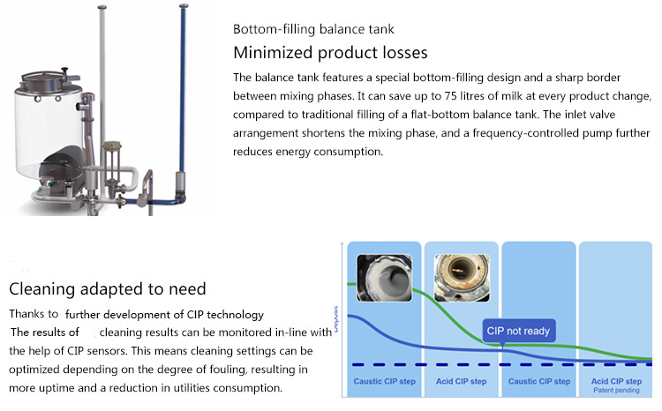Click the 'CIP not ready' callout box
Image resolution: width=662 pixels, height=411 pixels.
(519, 332)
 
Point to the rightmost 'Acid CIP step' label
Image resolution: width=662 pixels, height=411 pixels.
(615, 381)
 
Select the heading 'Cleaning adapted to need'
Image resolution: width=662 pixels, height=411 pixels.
(107, 288)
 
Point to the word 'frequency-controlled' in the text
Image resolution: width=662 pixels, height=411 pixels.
(527, 133)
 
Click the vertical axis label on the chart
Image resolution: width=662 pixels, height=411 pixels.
(336, 313)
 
